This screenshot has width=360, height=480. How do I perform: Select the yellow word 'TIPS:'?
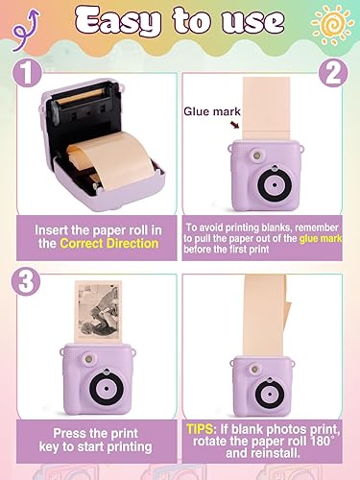tap(205, 424)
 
